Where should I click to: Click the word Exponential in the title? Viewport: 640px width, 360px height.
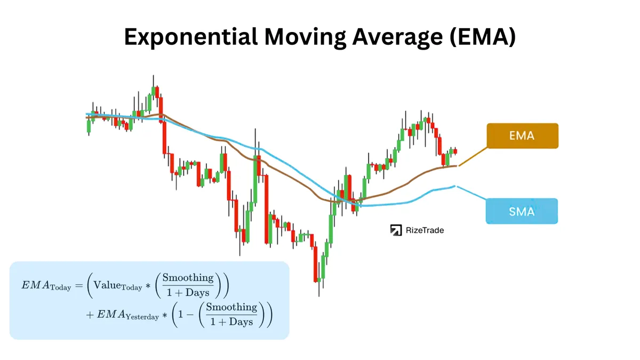click(x=191, y=37)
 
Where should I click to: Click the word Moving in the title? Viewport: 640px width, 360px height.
click(x=305, y=37)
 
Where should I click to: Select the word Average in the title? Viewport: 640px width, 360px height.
click(x=397, y=37)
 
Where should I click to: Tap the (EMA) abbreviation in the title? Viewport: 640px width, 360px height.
click(x=483, y=37)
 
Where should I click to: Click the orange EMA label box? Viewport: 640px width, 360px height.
click(x=523, y=135)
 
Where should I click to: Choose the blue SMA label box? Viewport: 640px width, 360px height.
click(x=522, y=211)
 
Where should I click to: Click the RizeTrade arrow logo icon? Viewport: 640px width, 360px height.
click(x=396, y=230)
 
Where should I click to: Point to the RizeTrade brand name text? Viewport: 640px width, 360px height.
click(x=425, y=230)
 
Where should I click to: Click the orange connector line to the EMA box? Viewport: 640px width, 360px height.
click(x=473, y=156)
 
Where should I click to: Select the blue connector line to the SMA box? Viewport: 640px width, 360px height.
click(x=471, y=193)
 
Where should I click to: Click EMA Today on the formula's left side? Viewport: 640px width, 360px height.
click(x=46, y=286)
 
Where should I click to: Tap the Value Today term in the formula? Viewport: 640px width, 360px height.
click(x=118, y=286)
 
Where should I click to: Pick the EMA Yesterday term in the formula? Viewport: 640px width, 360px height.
click(x=127, y=315)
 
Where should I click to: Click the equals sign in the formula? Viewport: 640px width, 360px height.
click(x=79, y=285)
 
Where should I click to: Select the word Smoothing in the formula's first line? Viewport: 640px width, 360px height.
click(x=188, y=278)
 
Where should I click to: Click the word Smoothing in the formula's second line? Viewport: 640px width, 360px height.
click(x=231, y=307)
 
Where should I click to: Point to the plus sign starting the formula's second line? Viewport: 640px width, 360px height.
click(x=90, y=315)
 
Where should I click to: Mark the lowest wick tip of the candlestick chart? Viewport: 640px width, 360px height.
click(x=319, y=297)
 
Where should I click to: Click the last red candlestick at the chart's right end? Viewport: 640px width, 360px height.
click(x=455, y=151)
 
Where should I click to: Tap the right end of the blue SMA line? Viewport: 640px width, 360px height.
click(x=455, y=186)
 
